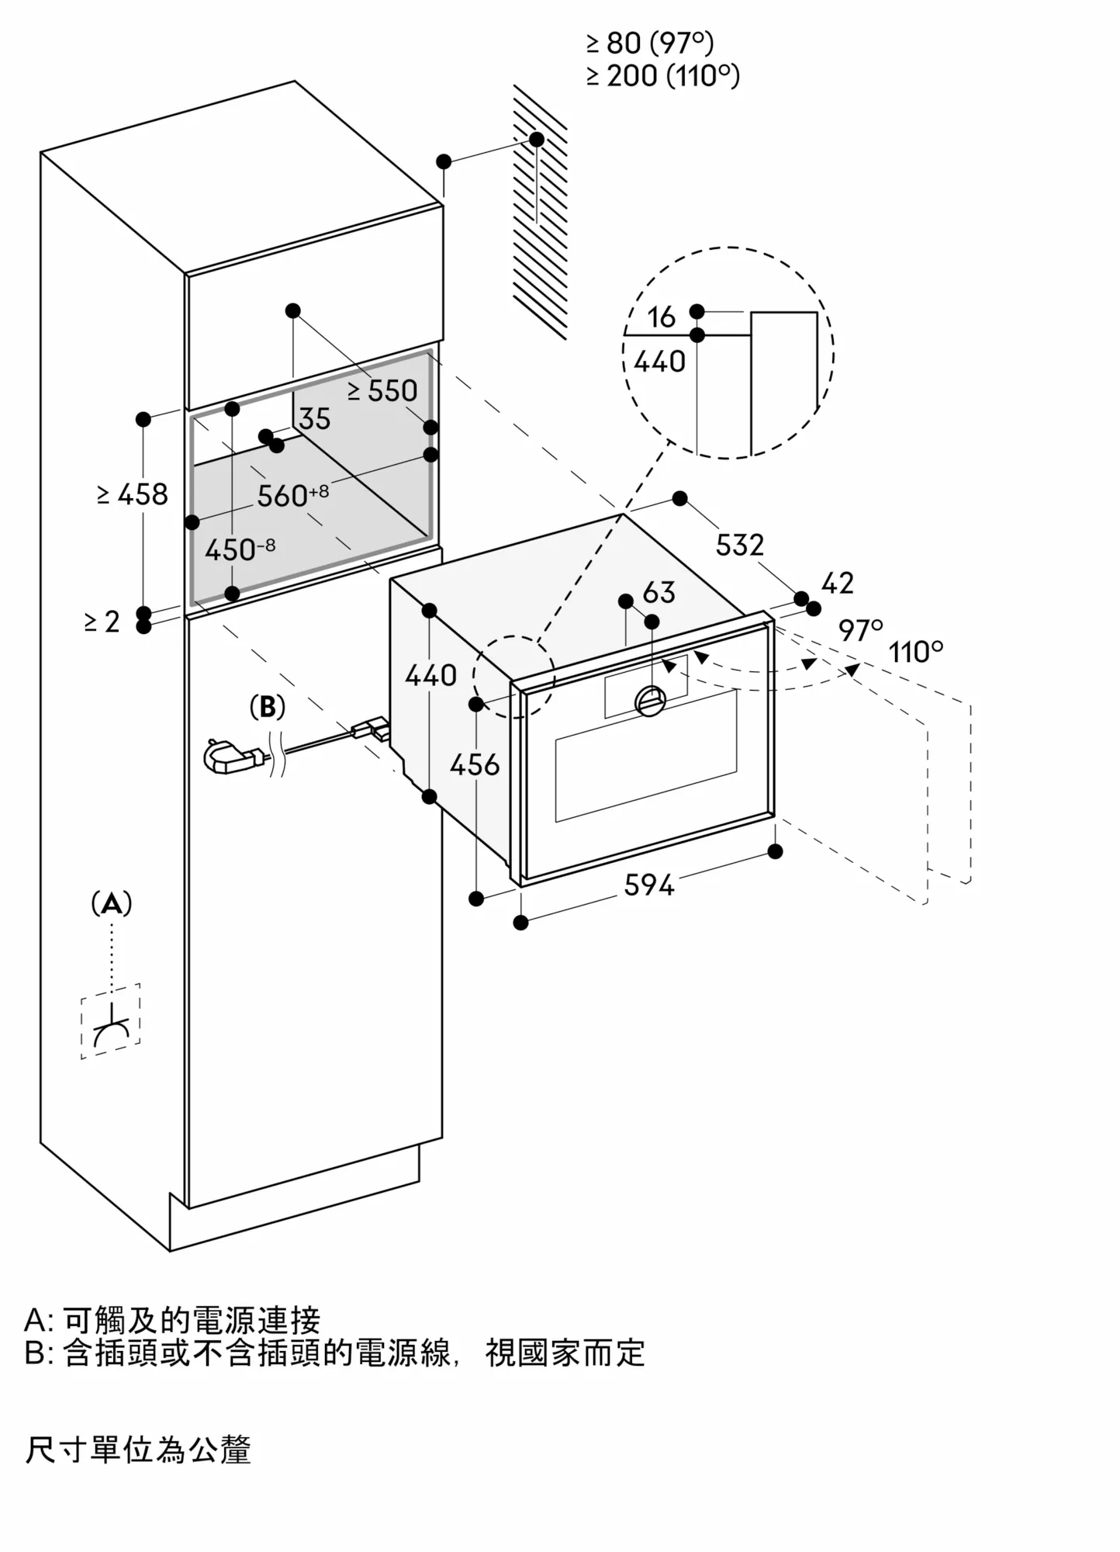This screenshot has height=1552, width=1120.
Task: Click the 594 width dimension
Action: (649, 885)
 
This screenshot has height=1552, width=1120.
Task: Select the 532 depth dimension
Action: (739, 545)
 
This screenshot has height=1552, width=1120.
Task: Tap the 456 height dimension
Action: (475, 765)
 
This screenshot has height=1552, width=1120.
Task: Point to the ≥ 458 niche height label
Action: (133, 494)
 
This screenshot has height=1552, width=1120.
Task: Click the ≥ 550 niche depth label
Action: (382, 391)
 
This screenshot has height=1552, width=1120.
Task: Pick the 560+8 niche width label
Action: (292, 495)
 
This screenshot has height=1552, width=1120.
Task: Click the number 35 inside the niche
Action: (314, 419)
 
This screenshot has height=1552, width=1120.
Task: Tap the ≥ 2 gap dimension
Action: (102, 622)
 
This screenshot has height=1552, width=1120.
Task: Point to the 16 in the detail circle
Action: (661, 317)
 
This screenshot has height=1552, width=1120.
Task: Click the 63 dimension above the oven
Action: (659, 593)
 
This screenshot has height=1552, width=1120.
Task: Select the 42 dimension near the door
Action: (837, 583)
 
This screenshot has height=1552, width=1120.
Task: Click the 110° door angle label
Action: (916, 652)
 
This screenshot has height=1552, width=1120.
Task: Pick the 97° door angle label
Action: (859, 630)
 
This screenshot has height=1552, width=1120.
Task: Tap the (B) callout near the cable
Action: (267, 707)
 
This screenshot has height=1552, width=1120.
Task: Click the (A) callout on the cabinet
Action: (112, 903)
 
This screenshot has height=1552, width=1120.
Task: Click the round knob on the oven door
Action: (650, 701)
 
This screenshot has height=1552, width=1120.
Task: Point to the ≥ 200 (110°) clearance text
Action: (662, 76)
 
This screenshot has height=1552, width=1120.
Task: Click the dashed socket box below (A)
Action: (111, 1021)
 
